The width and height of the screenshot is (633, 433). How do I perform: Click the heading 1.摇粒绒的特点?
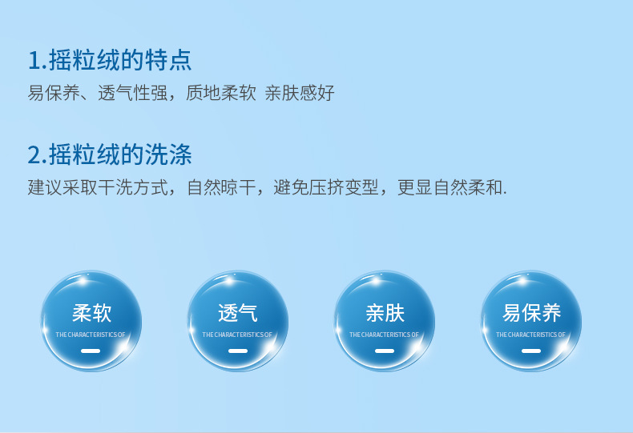110,60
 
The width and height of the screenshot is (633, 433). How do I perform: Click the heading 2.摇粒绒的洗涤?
110,154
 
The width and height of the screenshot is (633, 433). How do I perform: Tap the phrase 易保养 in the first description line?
54,93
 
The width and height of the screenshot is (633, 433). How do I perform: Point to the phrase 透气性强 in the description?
133,93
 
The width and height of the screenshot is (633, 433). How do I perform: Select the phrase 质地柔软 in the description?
221,93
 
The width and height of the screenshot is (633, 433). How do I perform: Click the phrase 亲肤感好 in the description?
300,93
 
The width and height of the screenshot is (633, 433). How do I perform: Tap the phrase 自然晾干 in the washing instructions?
222,187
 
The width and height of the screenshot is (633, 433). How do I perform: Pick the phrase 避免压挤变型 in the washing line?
326,187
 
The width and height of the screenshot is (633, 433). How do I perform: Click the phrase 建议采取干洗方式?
98,187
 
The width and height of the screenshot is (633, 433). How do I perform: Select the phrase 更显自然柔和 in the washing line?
450,187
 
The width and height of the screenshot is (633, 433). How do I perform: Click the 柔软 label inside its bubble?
91,313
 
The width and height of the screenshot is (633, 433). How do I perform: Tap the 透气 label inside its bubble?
238,313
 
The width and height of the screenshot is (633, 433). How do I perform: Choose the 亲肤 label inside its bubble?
385,313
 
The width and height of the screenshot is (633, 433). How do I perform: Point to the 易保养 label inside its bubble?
531,313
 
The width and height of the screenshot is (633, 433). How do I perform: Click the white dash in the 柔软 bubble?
91,351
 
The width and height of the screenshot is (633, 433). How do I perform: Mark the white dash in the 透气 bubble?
238,351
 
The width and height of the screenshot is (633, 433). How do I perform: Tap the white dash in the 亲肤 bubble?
385,351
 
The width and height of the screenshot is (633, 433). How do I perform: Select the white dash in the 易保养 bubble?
531,351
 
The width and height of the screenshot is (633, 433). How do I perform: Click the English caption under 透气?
237,335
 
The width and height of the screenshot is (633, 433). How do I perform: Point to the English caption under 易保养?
530,335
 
